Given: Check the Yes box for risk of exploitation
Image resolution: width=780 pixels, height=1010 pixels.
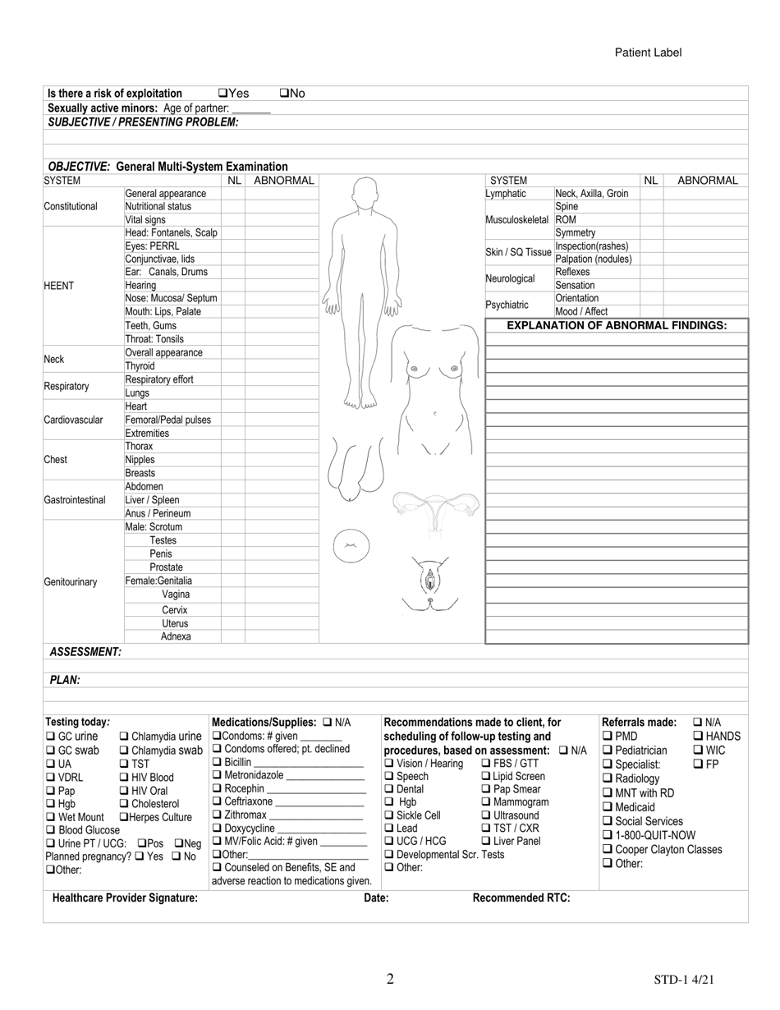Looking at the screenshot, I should [x=223, y=94].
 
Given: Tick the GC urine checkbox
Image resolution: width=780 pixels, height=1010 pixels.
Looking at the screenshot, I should [x=50, y=737].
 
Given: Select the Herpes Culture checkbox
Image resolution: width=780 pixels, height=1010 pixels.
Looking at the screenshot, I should [x=124, y=817].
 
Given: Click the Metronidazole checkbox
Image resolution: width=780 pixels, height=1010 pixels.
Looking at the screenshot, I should [x=217, y=775].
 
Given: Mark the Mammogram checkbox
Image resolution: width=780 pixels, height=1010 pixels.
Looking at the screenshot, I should [x=486, y=802].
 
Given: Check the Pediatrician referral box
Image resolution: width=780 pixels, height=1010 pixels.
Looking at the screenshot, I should [x=608, y=751].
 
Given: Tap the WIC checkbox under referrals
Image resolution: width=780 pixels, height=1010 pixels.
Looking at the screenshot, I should [x=698, y=751].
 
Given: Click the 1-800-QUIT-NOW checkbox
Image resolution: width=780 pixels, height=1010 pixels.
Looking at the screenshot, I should [x=608, y=835].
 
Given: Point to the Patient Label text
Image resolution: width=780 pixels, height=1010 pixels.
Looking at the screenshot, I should [x=648, y=53].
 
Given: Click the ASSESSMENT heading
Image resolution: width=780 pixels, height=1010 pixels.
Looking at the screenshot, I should [x=85, y=652].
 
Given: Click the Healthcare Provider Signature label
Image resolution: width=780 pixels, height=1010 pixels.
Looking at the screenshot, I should [x=125, y=898].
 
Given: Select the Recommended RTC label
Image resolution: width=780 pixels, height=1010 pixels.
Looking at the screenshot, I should [x=521, y=898].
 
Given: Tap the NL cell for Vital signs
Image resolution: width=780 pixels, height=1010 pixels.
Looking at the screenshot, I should [x=233, y=220].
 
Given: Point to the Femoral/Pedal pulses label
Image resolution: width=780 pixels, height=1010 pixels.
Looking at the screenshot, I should [x=167, y=420].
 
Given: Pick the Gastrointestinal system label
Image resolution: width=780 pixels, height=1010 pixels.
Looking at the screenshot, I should [x=75, y=500].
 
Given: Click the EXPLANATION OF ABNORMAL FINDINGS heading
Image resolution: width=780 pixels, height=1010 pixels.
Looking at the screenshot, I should [x=617, y=326].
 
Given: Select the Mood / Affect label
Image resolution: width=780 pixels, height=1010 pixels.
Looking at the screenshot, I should [x=581, y=312].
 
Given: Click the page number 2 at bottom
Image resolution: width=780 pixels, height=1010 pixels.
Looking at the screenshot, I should [x=390, y=979].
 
